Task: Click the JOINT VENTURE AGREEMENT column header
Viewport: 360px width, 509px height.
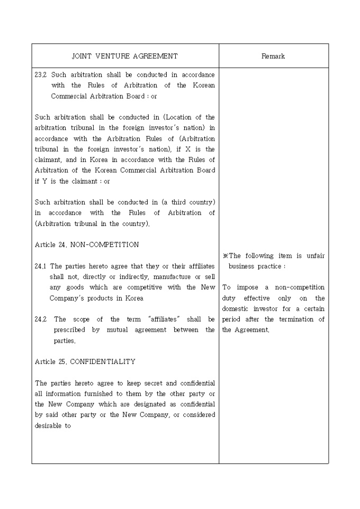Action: click(125, 56)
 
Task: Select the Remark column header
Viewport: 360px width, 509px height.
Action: click(273, 56)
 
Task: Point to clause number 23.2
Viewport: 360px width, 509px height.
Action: click(40, 75)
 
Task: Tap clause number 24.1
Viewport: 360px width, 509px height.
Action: click(40, 266)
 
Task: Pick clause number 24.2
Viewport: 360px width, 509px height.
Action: click(40, 319)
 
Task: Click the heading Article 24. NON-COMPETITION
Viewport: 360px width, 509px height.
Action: click(87, 244)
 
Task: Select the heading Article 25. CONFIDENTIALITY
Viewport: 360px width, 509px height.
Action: click(85, 361)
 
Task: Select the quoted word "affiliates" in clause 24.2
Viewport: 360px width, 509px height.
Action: click(164, 319)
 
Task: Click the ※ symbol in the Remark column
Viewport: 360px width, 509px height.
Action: click(225, 256)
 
